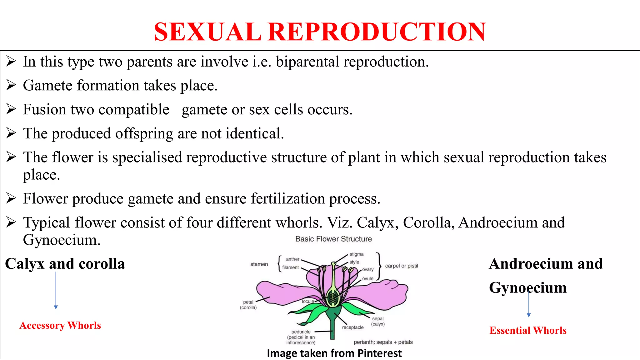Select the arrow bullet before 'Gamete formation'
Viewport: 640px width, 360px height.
(x=11, y=85)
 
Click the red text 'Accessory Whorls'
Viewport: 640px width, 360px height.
(x=60, y=325)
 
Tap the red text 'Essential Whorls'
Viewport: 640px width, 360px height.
(x=528, y=330)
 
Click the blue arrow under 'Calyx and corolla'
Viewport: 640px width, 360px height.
(x=56, y=290)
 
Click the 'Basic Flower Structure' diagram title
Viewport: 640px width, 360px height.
(x=333, y=239)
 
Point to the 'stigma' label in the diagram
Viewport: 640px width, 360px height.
(x=356, y=254)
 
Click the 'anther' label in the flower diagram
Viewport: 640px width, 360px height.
(x=292, y=259)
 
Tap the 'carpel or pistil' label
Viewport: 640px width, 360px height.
(x=401, y=266)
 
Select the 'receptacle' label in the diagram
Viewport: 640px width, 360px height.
(x=352, y=327)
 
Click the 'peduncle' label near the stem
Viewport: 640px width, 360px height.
(x=301, y=332)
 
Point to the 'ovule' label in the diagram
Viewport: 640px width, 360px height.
(x=367, y=278)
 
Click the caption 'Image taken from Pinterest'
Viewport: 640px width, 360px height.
(x=334, y=353)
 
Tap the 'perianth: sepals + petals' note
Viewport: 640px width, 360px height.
(x=383, y=342)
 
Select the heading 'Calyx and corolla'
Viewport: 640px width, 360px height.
(x=65, y=264)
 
